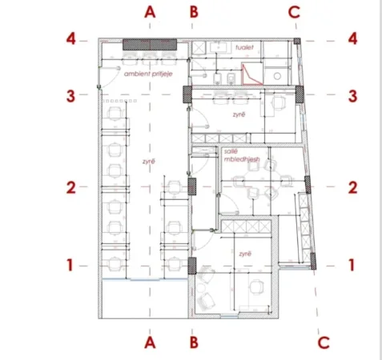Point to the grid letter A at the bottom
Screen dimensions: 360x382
point(149,342)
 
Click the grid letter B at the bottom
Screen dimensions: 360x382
point(192,342)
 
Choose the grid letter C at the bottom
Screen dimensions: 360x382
point(324,342)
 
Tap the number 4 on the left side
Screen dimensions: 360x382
point(71,38)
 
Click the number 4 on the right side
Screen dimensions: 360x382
point(352,38)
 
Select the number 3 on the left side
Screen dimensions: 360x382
point(71,94)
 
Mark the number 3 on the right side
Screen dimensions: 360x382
point(352,94)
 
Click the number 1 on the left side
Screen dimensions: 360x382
point(71,263)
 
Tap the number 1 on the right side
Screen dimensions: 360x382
point(352,263)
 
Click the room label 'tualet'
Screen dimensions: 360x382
point(244,48)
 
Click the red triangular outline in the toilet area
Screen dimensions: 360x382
point(251,74)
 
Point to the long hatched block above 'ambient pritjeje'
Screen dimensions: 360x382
point(151,44)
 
